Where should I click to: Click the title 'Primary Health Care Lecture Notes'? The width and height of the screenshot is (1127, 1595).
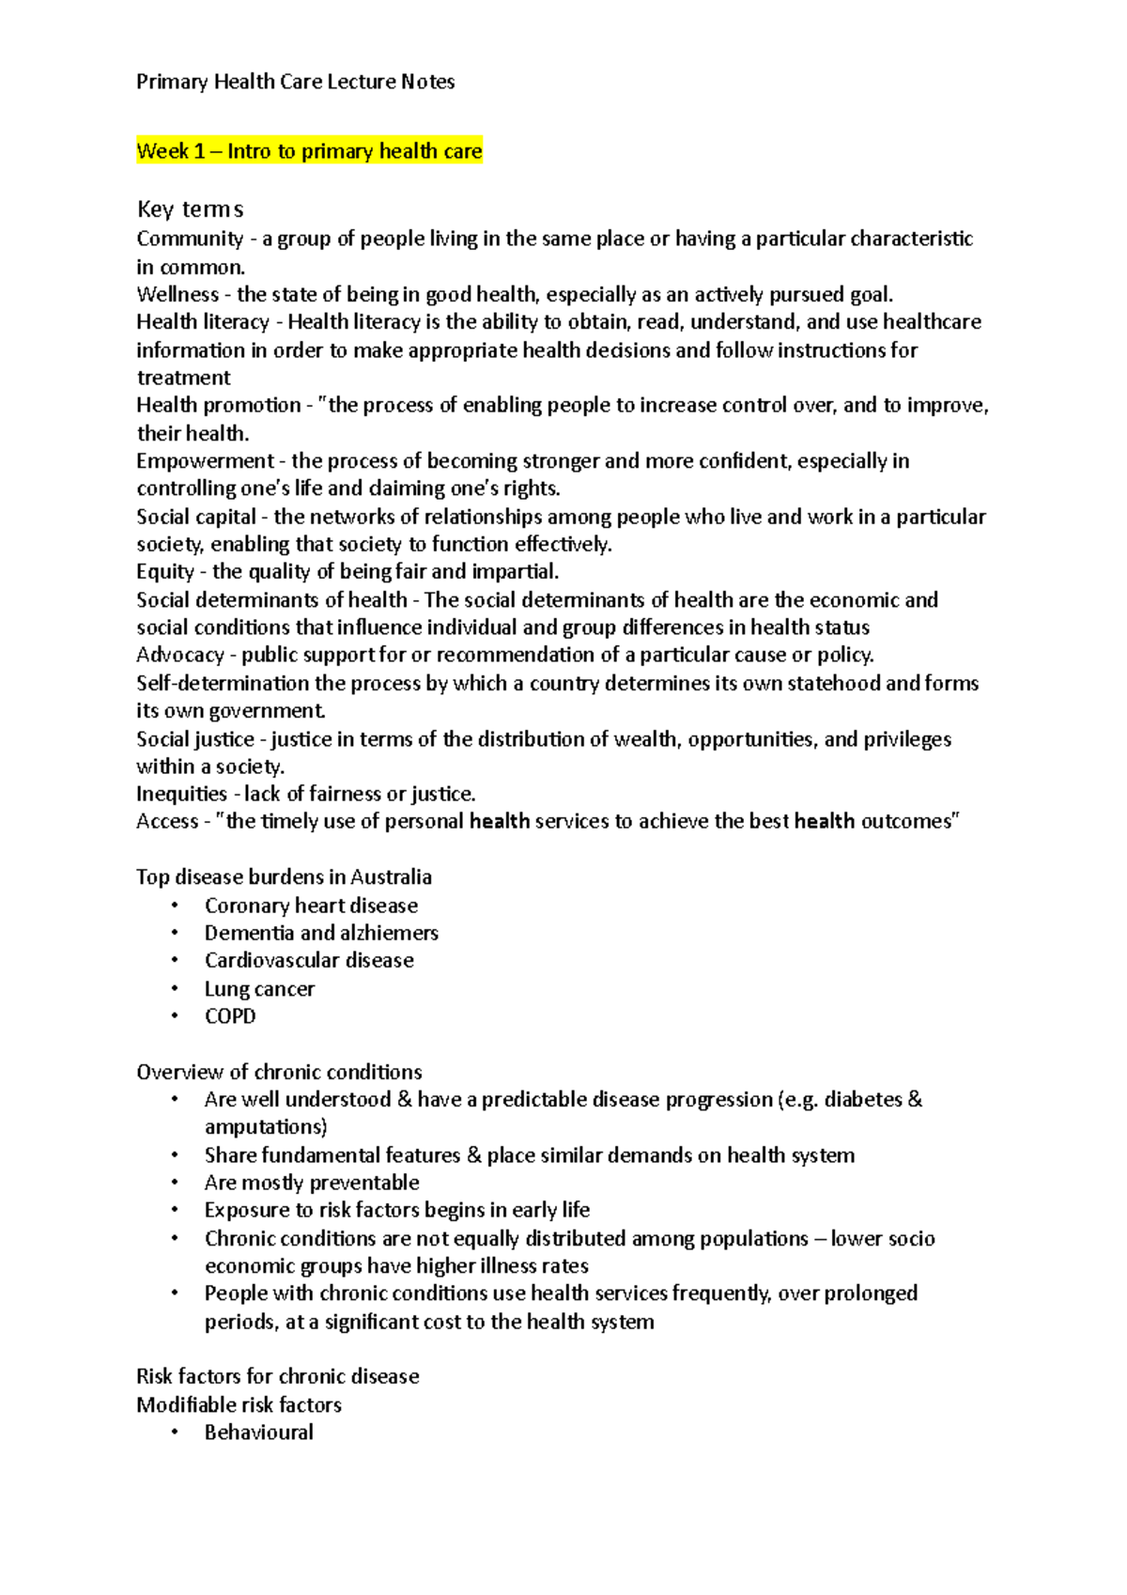point(295,82)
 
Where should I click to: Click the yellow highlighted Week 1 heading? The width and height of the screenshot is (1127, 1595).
point(309,151)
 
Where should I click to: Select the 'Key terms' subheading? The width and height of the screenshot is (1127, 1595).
point(190,209)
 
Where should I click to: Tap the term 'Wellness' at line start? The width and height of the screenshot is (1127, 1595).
point(178,294)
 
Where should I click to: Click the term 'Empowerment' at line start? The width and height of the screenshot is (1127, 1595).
point(205,460)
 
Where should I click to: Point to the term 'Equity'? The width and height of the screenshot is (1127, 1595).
point(165,571)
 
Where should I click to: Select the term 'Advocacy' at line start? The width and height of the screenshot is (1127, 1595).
point(180,655)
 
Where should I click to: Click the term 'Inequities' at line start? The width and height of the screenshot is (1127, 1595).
point(182,794)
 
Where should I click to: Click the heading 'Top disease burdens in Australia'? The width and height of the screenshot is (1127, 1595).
point(284,876)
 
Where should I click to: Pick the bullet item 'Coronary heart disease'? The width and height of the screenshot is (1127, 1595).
point(311,906)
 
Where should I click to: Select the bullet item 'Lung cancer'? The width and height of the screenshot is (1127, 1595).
point(259,989)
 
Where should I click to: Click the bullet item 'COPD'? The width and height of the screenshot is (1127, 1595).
point(230,1016)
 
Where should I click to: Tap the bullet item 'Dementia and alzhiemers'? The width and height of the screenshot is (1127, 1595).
point(321,933)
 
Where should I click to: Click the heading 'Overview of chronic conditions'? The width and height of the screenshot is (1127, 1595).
point(279,1072)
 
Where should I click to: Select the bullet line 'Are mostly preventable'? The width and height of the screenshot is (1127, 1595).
point(312,1183)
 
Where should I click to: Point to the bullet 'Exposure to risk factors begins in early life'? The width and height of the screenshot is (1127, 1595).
point(397,1210)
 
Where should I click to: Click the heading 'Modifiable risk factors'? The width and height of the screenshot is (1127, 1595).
point(239,1404)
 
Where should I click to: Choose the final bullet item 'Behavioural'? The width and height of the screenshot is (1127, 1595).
point(259,1432)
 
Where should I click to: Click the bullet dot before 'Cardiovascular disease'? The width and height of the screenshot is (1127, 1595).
point(175,960)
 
